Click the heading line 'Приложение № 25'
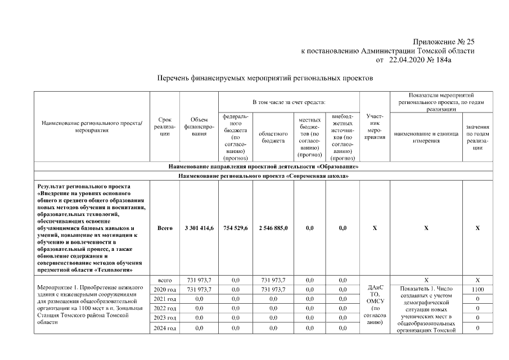point(443,42)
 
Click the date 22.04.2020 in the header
point(409,60)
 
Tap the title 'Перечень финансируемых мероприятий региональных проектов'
point(264,78)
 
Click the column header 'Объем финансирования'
point(199,127)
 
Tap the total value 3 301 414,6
point(199,228)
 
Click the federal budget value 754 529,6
point(236,228)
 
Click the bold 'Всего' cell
point(164,228)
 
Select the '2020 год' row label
point(164,290)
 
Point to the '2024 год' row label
point(164,328)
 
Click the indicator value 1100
point(477,290)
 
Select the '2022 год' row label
point(164,309)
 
